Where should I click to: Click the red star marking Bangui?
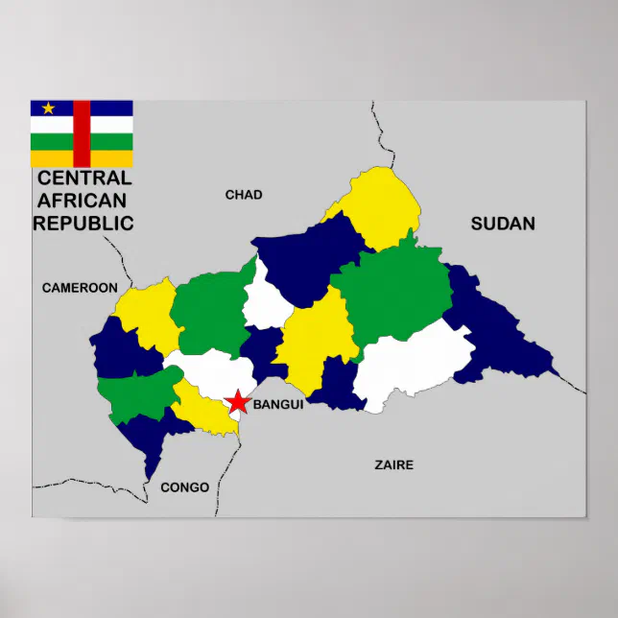tap(237, 402)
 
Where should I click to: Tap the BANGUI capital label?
tap(278, 405)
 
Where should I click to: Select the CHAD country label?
tap(244, 195)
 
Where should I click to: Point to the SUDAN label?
tap(503, 224)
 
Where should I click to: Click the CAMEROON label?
tap(80, 287)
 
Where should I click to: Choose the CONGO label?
tap(184, 487)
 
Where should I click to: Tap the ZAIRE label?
tap(393, 464)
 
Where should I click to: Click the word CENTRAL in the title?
tap(84, 178)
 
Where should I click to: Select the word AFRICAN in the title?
tap(81, 201)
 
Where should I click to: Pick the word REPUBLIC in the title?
tap(83, 224)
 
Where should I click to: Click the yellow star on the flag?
tap(48, 108)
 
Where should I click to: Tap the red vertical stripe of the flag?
tap(82, 133)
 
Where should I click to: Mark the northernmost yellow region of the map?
tap(379, 206)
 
